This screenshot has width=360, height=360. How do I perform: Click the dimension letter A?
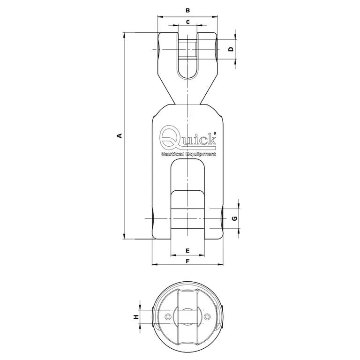[120, 136]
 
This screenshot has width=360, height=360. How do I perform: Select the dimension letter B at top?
[187, 10]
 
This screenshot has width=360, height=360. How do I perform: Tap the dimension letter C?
[187, 22]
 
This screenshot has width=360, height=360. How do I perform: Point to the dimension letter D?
[231, 49]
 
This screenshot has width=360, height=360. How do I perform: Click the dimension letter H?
[136, 317]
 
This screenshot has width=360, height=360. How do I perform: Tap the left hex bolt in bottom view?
[167, 317]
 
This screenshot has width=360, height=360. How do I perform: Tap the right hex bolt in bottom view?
[208, 317]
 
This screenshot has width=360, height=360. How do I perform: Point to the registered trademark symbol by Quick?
[215, 134]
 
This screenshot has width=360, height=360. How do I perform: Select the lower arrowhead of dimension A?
[124, 236]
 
